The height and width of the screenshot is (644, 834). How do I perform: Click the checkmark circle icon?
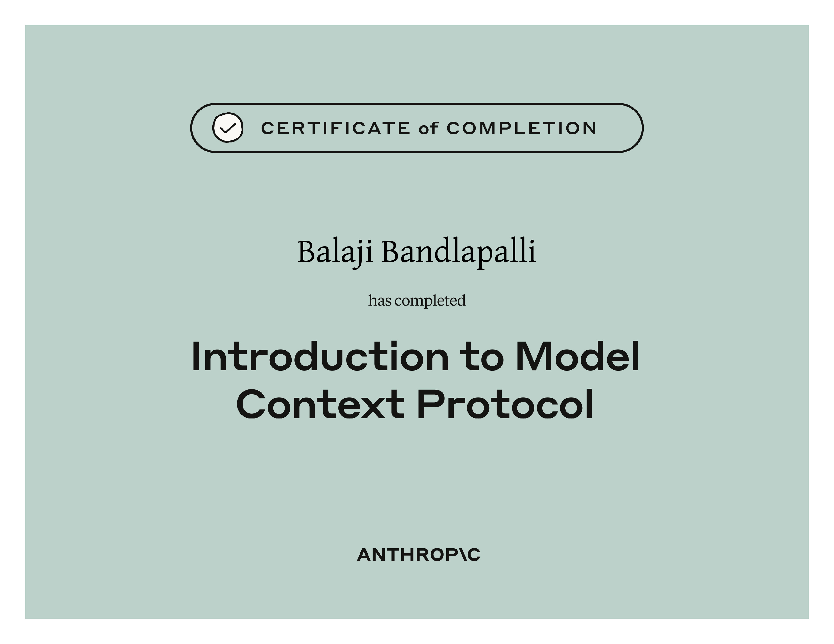pyautogui.click(x=228, y=128)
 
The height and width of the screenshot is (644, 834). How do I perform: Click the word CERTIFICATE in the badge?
pyautogui.click(x=336, y=128)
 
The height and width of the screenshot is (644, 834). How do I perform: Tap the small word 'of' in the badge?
pyautogui.click(x=428, y=128)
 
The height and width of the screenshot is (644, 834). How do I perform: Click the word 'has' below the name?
pyautogui.click(x=380, y=301)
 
